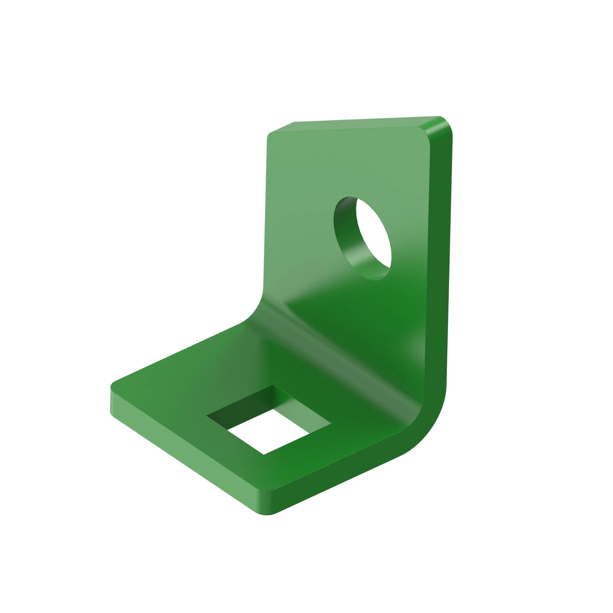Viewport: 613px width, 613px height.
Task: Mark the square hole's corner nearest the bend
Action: coord(273,385)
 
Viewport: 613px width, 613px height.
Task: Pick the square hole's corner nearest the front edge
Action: coord(264,454)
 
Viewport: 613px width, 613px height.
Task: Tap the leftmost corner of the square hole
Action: coord(207,416)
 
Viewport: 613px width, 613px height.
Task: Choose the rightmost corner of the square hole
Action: coord(331,424)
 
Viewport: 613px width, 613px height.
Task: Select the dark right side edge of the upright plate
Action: coord(440,254)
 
